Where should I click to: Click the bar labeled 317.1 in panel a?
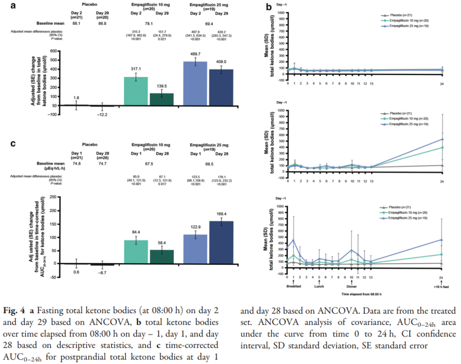pos(136,91)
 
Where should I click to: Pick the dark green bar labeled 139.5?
pos(161,99)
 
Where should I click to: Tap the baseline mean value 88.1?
pos(76,23)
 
